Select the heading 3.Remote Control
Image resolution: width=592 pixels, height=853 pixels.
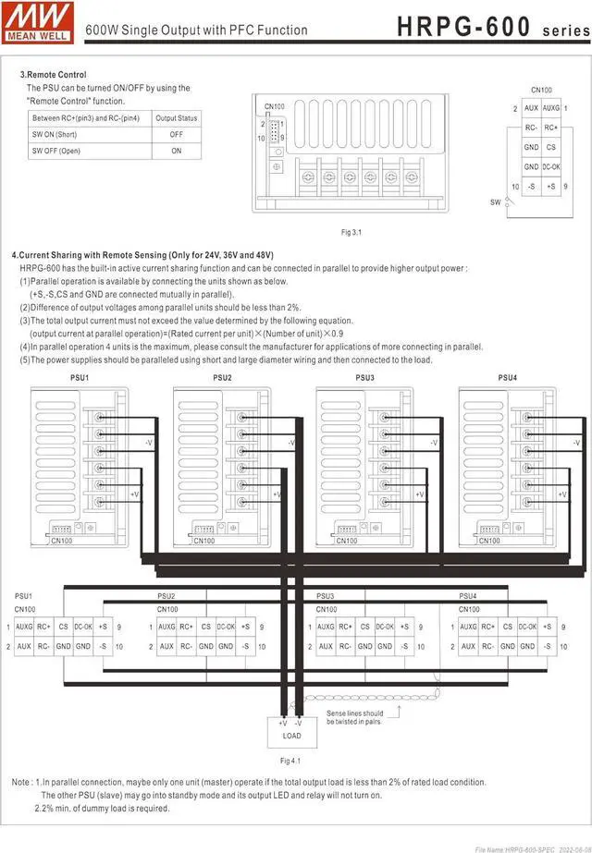tap(54, 75)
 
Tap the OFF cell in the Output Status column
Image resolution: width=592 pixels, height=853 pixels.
tap(176, 134)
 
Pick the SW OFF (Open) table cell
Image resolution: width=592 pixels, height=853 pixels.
tap(55, 151)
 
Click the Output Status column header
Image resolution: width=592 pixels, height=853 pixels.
tap(176, 118)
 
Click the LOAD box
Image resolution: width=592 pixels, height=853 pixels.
tap(290, 737)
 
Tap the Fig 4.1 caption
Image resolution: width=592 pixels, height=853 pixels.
tap(290, 761)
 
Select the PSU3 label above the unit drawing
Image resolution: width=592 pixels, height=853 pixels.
tap(364, 378)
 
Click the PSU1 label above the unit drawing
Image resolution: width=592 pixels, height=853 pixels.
tap(80, 378)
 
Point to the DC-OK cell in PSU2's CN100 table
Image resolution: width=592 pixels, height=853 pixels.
tap(226, 628)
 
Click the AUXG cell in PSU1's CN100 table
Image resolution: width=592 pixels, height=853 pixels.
tap(24, 628)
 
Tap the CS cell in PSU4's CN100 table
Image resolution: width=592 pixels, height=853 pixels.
tap(508, 628)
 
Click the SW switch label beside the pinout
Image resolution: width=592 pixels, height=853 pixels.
tap(495, 200)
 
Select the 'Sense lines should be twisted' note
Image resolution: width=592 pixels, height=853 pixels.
tap(354, 717)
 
